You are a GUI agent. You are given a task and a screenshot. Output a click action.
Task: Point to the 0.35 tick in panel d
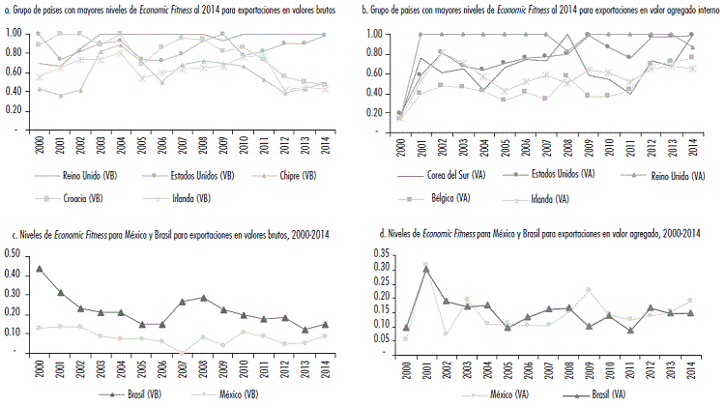pos(381,250)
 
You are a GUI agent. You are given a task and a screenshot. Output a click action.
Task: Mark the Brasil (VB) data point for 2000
pos(39,269)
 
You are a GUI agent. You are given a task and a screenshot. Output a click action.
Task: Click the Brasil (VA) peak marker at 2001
pos(426,270)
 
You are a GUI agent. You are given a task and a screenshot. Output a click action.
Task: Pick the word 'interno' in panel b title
pos(689,8)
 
